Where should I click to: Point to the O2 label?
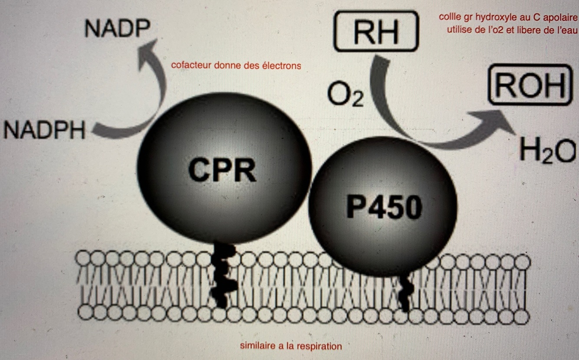pyautogui.click(x=345, y=96)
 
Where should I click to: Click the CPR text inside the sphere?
pyautogui.click(x=222, y=170)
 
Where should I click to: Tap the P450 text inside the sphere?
pyautogui.click(x=384, y=208)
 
